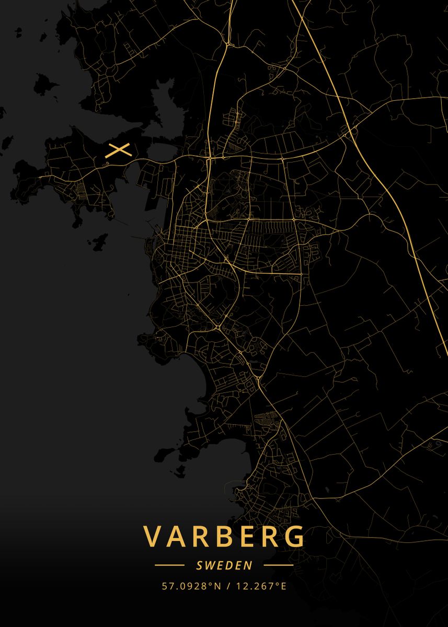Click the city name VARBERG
(224, 536)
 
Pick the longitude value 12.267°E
(261, 586)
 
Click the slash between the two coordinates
(228, 586)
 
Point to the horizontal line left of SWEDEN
(169, 565)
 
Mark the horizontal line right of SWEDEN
(278, 565)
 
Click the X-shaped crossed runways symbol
(118, 150)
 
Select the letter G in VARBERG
(294, 536)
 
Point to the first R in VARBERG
(202, 536)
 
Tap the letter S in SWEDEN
(199, 565)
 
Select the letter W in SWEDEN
(209, 565)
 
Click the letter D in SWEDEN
(228, 565)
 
